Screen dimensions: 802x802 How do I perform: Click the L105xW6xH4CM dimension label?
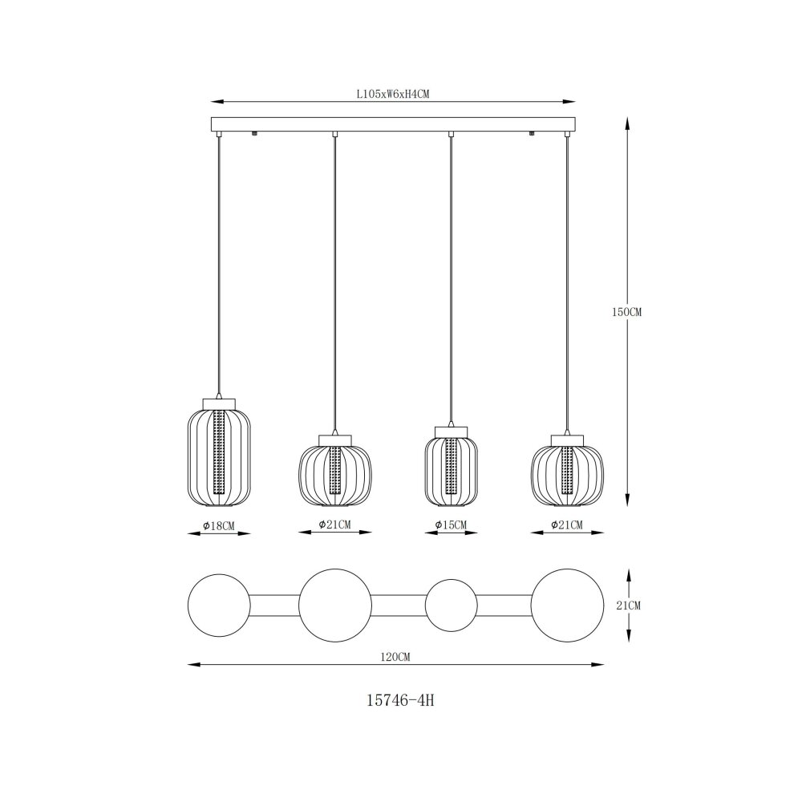click(392, 94)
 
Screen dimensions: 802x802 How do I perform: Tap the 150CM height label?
click(626, 312)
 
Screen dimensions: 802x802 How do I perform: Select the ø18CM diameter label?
click(220, 525)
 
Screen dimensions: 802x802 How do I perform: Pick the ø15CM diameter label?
click(451, 525)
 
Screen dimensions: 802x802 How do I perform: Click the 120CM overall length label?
click(396, 658)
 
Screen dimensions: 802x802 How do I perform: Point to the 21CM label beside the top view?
click(629, 606)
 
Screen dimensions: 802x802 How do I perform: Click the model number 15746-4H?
click(400, 700)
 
